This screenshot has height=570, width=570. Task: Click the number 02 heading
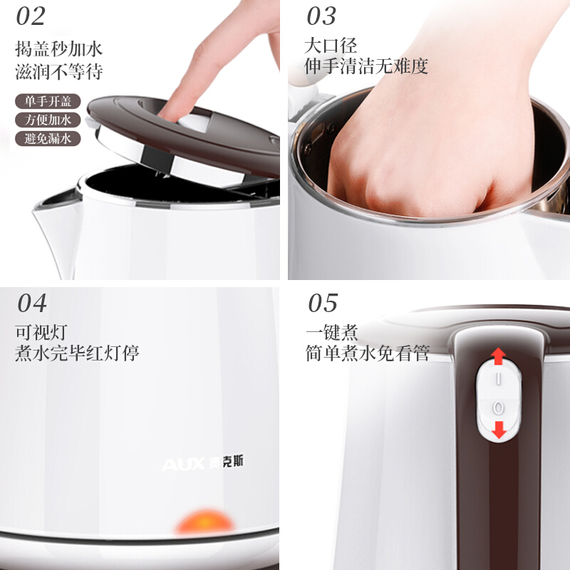31,16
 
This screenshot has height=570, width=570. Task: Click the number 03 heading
321,16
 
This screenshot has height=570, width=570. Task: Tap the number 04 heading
32,304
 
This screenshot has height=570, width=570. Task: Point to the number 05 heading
323,304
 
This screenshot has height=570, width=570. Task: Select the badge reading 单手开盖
48,101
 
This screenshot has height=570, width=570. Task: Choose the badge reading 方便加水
48,120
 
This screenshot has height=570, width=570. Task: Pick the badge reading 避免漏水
48,138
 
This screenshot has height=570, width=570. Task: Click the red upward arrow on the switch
498,356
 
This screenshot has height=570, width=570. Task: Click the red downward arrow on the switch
499,430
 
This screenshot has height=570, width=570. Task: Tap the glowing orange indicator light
204,522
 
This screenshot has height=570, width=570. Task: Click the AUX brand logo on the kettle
202,463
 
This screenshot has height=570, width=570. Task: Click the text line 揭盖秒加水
59,48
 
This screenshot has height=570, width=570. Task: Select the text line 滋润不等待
59,71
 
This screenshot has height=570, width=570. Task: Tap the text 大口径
331,46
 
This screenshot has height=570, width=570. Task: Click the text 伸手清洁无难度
366,66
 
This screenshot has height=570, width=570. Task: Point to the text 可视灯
41,332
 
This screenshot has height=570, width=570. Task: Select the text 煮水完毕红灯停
77,353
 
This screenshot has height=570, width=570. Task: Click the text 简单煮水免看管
368,353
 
